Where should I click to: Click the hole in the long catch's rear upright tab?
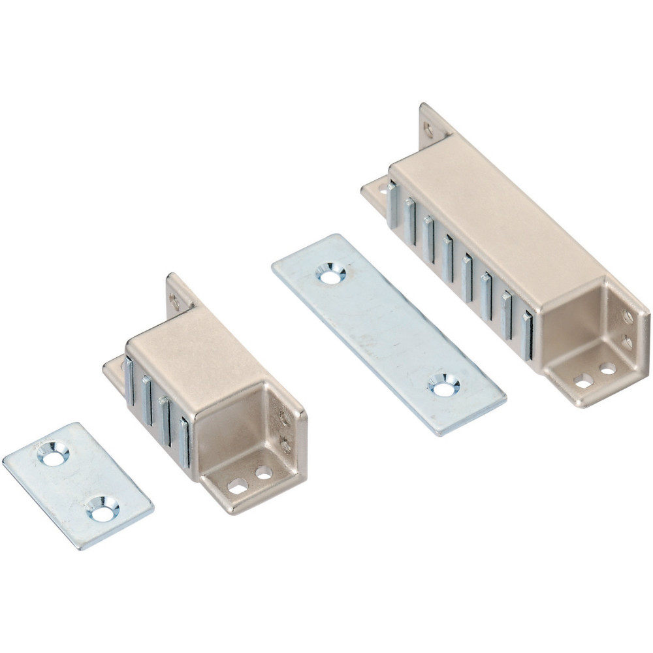coord(428,130)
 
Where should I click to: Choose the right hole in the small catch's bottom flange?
coord(264,472)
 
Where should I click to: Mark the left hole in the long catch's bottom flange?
coord(583,381)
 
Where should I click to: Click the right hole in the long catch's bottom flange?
coord(608,370)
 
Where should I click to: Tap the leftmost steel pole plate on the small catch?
coord(129,380)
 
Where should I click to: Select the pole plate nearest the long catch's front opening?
coord(528,336)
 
